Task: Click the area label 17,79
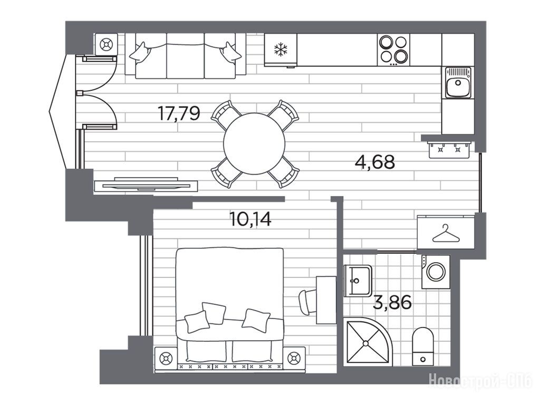click(x=178, y=113)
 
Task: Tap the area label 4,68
click(x=375, y=161)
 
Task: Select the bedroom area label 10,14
click(x=250, y=219)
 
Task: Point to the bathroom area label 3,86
click(x=392, y=303)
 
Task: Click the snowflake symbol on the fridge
click(x=281, y=49)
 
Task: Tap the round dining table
click(x=254, y=143)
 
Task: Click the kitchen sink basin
click(x=458, y=83)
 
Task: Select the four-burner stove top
click(x=393, y=50)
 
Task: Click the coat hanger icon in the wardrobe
click(x=446, y=233)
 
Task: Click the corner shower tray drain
click(x=365, y=343)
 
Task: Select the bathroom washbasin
click(x=358, y=281)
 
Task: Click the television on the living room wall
click(x=146, y=185)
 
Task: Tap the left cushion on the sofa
click(x=140, y=53)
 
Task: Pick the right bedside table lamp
click(x=294, y=359)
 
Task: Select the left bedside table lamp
click(x=166, y=359)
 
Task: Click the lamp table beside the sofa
click(x=106, y=44)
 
